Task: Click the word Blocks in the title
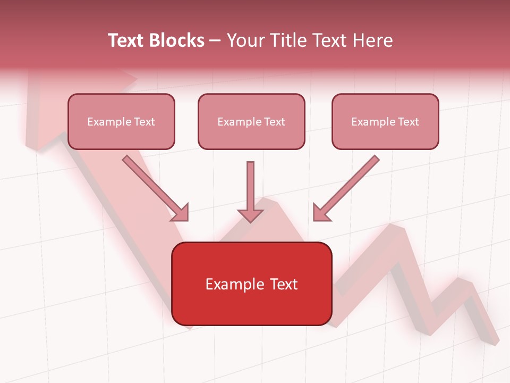click(177, 40)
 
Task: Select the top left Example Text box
click(121, 121)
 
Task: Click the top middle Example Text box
click(251, 121)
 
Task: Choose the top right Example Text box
click(385, 121)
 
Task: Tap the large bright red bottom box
click(251, 284)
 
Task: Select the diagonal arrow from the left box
click(151, 184)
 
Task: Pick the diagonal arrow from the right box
click(351, 184)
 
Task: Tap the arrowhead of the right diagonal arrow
click(320, 213)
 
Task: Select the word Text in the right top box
click(409, 121)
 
